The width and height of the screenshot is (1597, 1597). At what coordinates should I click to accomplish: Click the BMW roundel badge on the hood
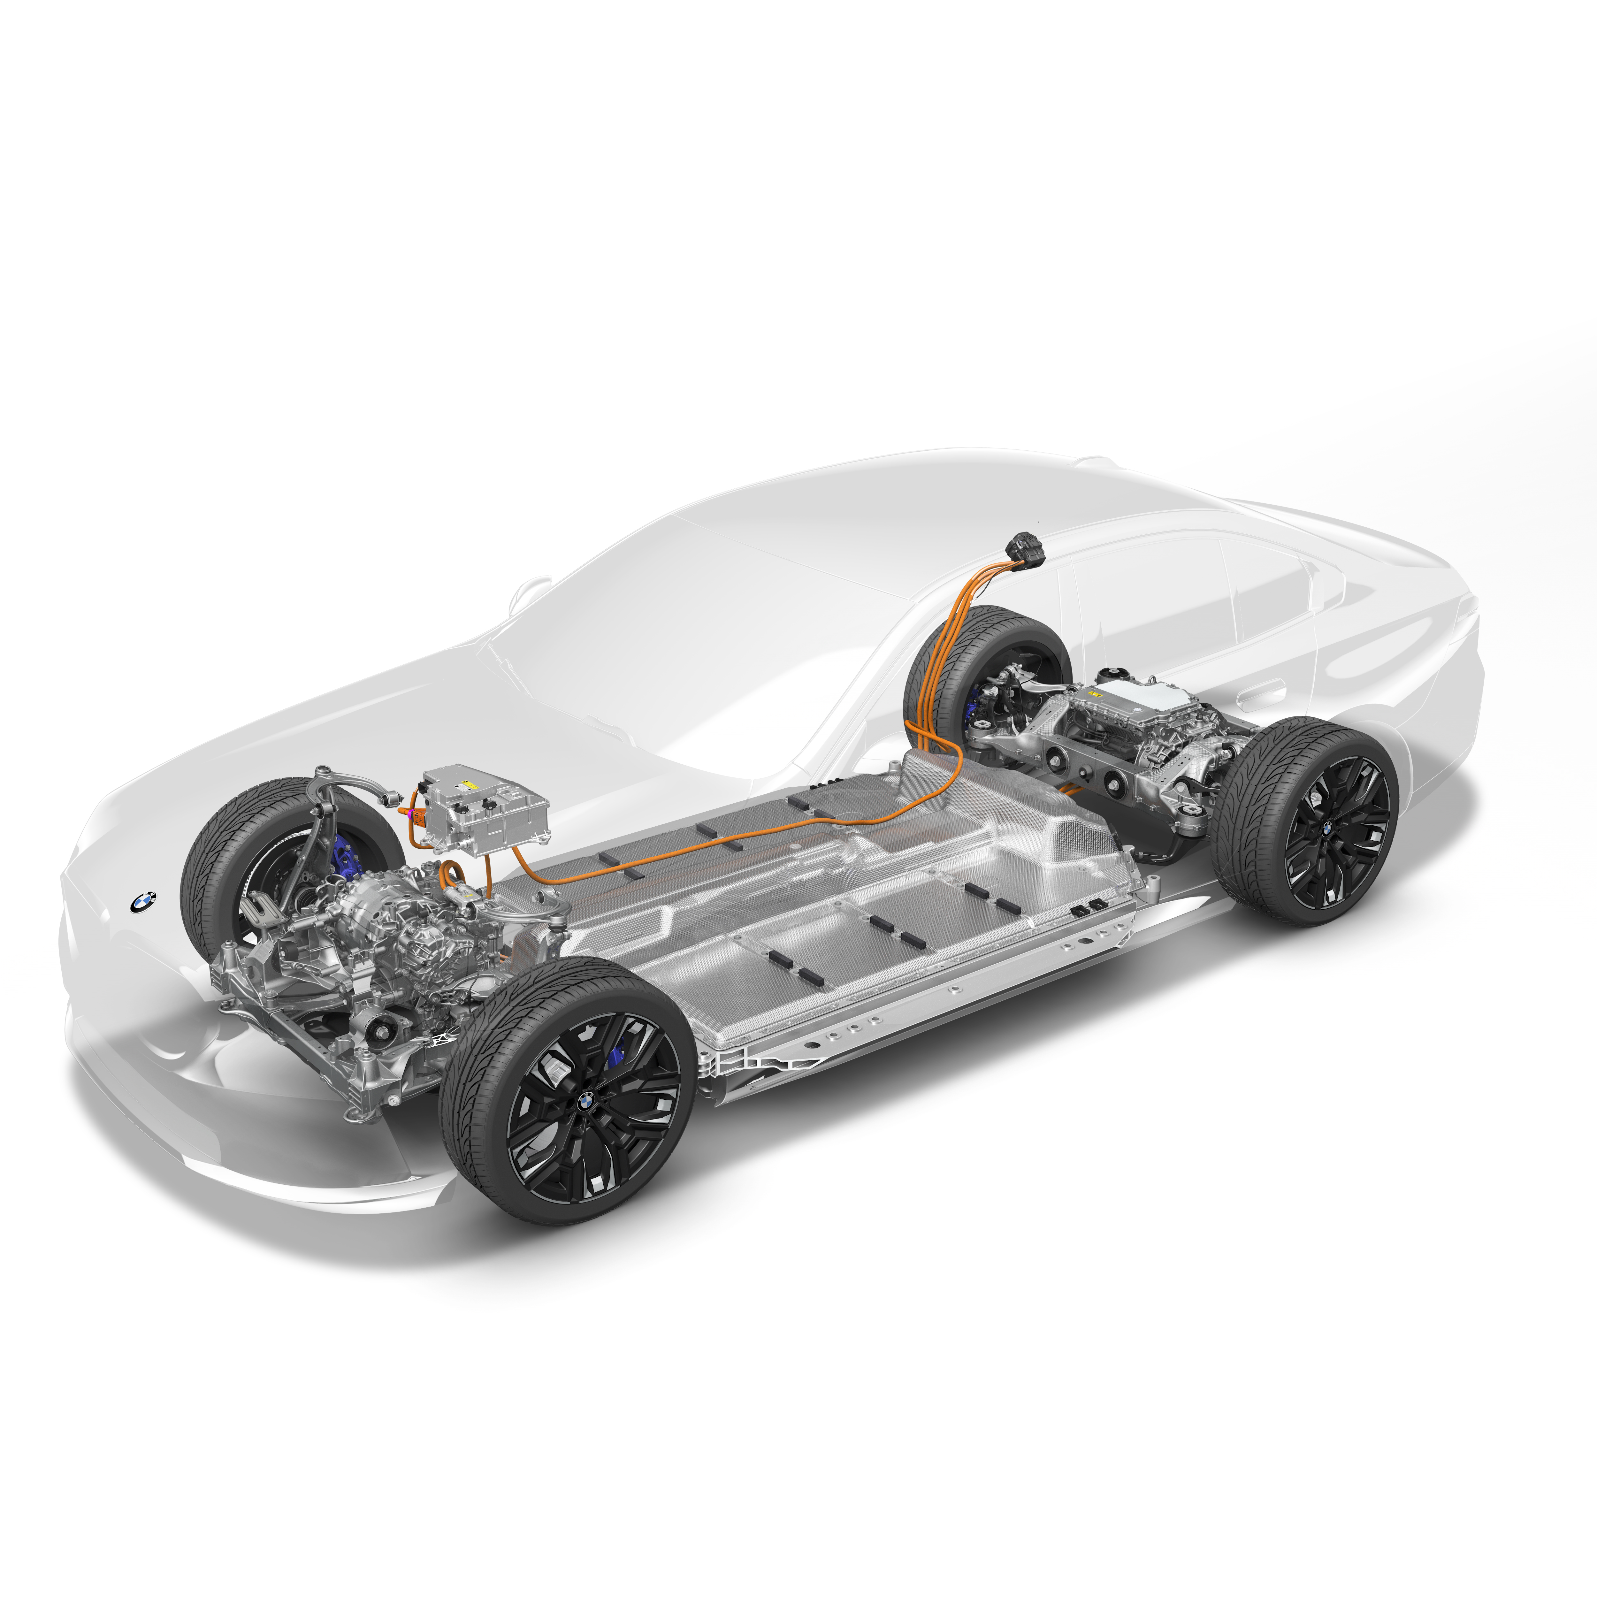click(143, 902)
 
